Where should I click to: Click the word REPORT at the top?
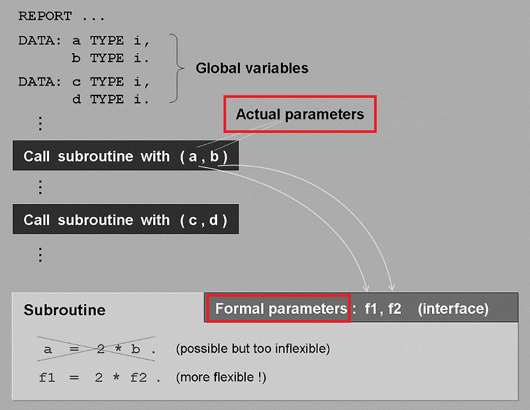(x=44, y=15)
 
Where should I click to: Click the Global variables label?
(x=252, y=68)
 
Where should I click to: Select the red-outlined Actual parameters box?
(x=300, y=114)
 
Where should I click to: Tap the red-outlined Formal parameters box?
(x=278, y=309)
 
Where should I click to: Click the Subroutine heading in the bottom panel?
(x=64, y=310)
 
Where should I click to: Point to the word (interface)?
(x=453, y=309)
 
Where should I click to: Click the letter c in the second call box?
(x=192, y=220)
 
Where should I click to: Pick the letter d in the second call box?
(x=213, y=220)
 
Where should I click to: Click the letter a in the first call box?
(x=193, y=157)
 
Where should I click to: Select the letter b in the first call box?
(x=214, y=156)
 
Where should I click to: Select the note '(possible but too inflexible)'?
(x=252, y=349)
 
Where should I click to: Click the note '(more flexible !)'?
(x=221, y=378)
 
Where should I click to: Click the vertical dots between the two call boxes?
(x=40, y=187)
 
